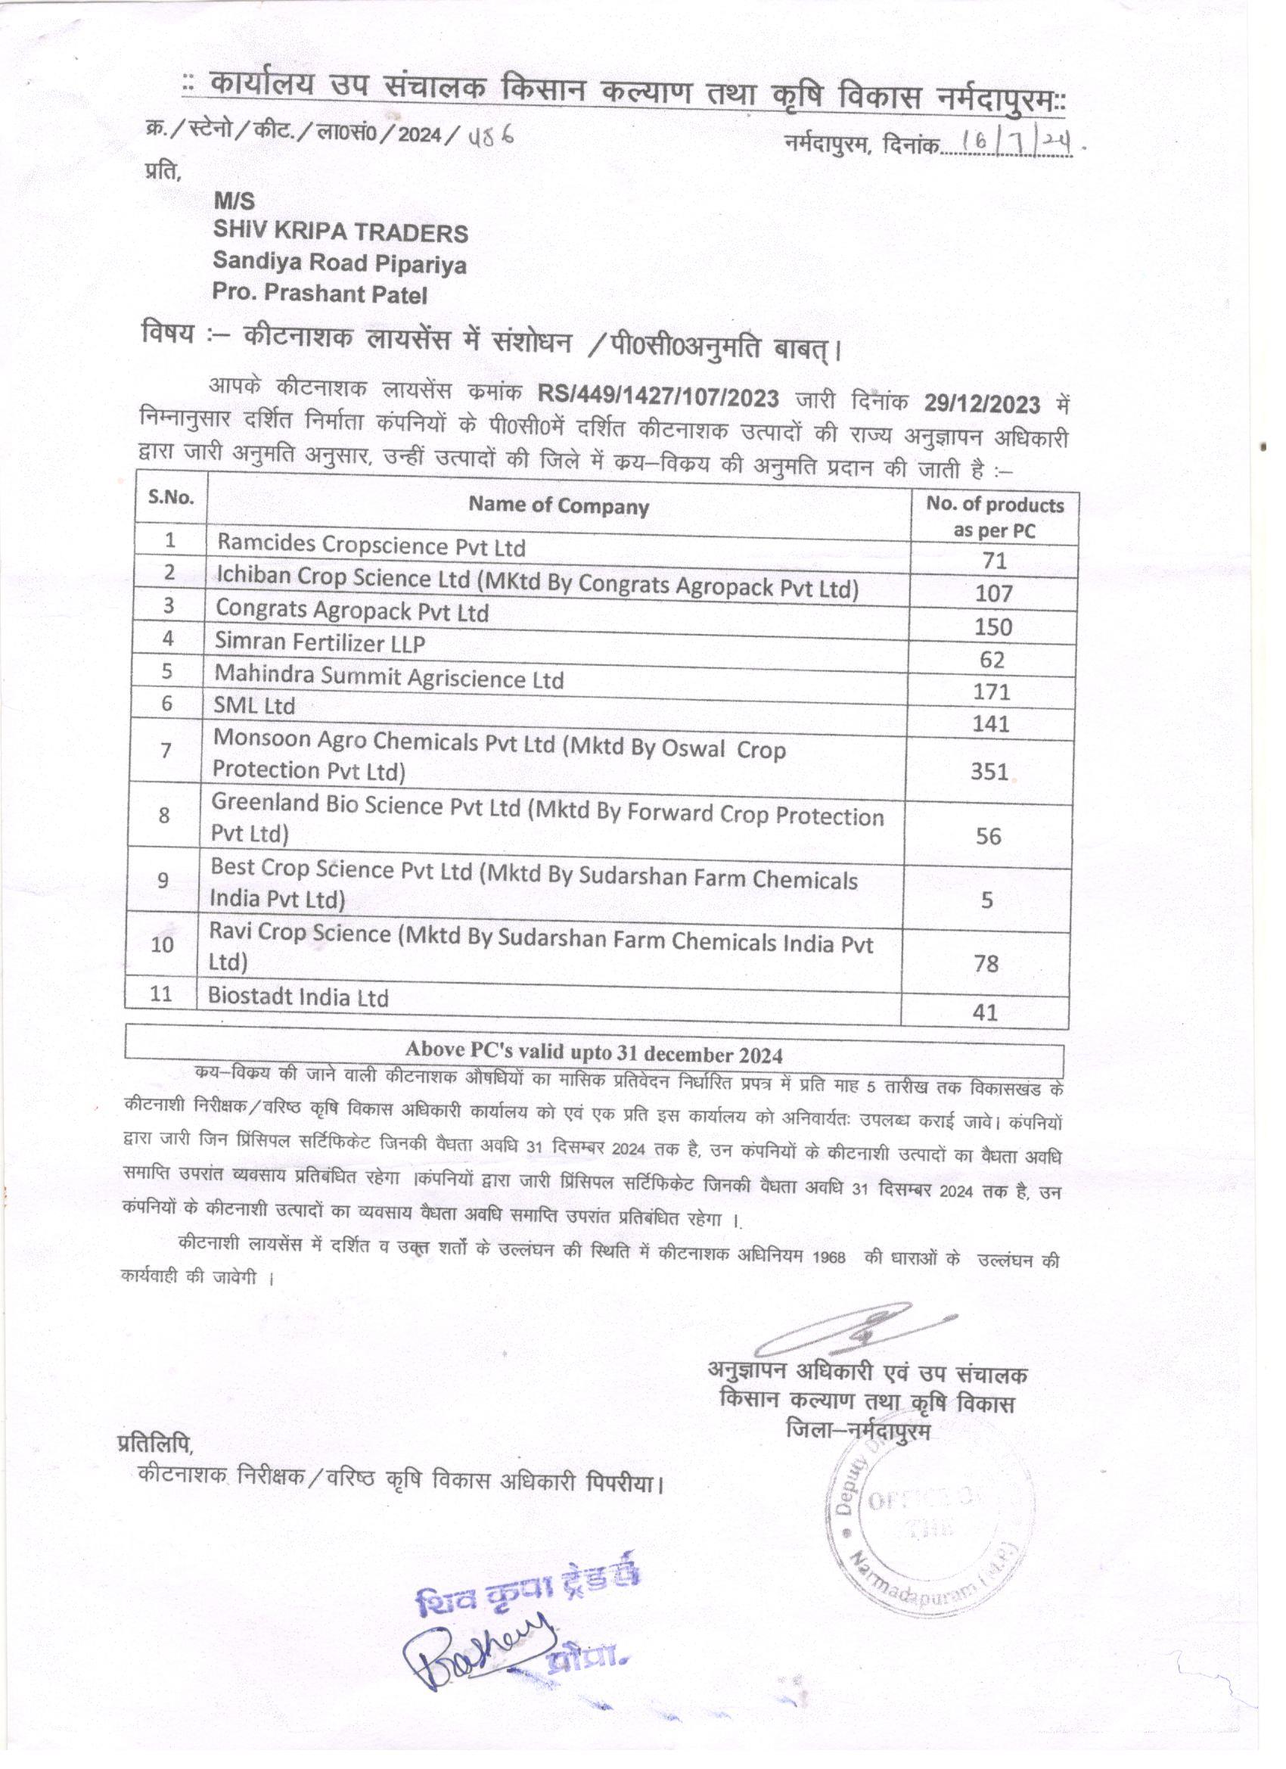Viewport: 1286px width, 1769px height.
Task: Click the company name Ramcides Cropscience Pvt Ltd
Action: tap(371, 546)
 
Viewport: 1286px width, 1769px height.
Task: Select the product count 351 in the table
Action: tap(989, 772)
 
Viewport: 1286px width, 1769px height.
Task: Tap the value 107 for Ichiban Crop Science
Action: tap(993, 593)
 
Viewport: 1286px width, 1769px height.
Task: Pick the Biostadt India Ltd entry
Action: tap(298, 996)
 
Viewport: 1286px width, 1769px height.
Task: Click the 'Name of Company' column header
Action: tap(558, 506)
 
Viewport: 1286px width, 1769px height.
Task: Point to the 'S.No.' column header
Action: tap(171, 497)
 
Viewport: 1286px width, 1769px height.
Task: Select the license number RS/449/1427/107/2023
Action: tap(657, 399)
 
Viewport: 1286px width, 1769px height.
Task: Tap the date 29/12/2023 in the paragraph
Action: tap(982, 403)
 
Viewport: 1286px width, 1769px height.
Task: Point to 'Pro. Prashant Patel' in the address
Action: tap(320, 294)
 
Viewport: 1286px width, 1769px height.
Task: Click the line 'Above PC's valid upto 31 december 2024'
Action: tap(594, 1053)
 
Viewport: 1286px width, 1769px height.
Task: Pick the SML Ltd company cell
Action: tap(254, 705)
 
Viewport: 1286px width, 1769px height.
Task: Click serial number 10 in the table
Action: tap(162, 944)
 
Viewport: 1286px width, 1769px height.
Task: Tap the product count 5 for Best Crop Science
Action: tap(986, 900)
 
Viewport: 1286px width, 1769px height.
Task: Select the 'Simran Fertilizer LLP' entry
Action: tap(320, 642)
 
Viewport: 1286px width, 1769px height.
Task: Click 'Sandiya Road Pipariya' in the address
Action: tap(339, 263)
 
